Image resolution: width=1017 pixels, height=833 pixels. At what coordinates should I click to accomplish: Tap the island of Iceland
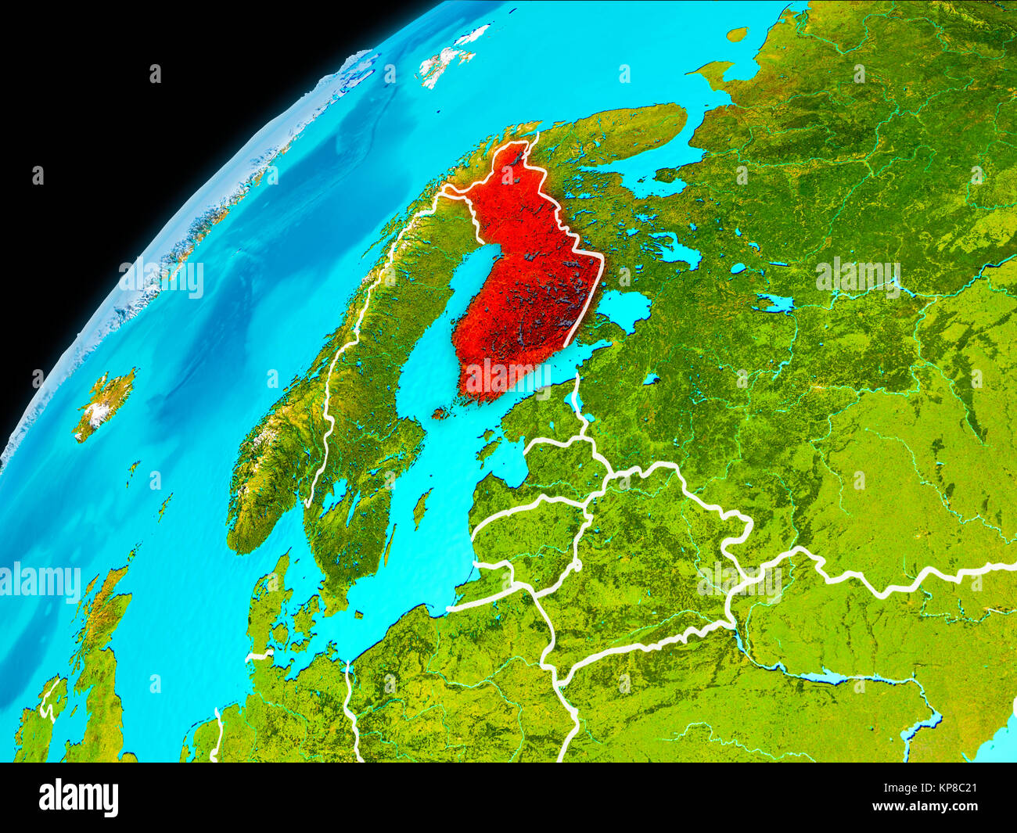pos(103,403)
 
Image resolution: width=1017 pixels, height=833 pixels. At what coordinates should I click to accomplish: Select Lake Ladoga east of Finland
pos(623,308)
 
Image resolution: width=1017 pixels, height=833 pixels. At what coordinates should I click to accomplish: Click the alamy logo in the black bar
pos(78,797)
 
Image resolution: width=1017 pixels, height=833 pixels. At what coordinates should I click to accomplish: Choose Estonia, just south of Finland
pos(540,422)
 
